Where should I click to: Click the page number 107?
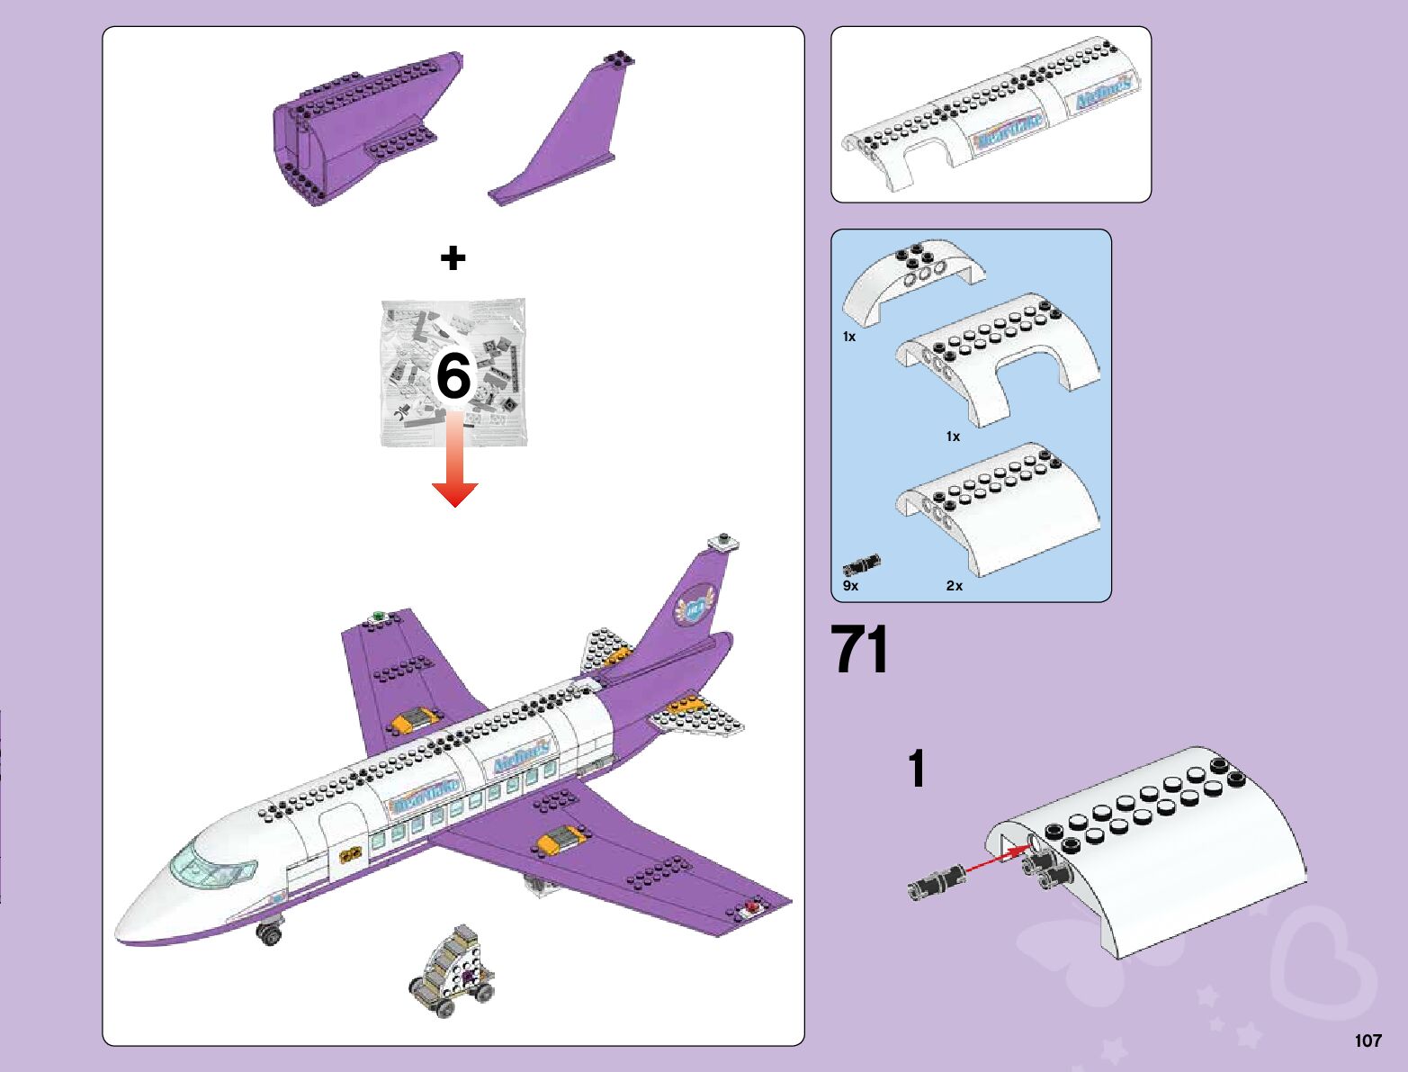coord(1368,1040)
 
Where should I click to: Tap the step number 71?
coord(860,649)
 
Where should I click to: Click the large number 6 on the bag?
coord(453,375)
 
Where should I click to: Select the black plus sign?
coord(453,258)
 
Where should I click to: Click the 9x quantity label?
coord(850,586)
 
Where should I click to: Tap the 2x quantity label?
coord(954,586)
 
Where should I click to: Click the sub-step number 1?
coord(916,770)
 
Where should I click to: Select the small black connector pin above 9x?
coord(861,566)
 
